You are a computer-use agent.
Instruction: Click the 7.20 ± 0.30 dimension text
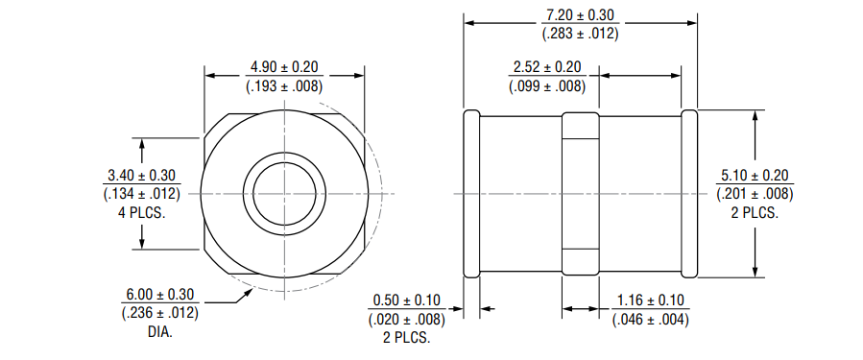coord(581,15)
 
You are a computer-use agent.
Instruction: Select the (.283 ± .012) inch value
coord(581,33)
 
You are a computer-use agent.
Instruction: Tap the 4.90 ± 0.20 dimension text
coord(284,67)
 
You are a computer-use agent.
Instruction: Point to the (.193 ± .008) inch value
coord(284,85)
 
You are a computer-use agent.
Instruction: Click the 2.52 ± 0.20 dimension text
coord(546,67)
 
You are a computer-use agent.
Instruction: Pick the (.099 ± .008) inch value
coord(546,85)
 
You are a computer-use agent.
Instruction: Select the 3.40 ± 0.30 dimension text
coord(141,176)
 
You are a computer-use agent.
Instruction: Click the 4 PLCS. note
coord(141,212)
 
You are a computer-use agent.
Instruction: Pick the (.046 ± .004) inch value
coord(650,319)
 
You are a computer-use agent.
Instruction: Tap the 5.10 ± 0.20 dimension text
coord(755,176)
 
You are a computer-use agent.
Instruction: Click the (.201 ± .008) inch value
coord(755,194)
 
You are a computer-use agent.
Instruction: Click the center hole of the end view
coord(285,193)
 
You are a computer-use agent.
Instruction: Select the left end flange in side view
coord(471,193)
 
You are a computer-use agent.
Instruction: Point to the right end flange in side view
coord(689,193)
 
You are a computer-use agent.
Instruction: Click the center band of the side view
coord(581,193)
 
